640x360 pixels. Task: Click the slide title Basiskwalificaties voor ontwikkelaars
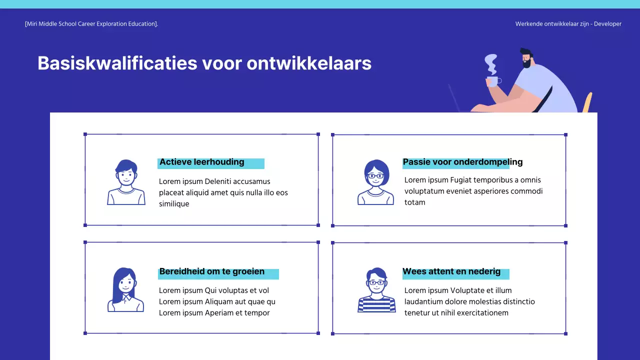click(x=204, y=63)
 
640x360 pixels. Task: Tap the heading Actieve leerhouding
click(x=201, y=162)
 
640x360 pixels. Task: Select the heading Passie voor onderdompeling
click(x=462, y=162)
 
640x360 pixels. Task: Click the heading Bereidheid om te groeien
click(x=211, y=272)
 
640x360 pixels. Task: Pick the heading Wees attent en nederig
click(x=451, y=272)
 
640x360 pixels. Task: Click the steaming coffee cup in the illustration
click(x=492, y=81)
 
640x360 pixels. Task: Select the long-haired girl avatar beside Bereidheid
click(x=125, y=290)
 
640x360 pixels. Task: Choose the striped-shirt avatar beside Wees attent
click(x=376, y=290)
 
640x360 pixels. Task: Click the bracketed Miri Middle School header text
click(x=91, y=24)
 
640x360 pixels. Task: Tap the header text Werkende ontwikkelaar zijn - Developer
click(x=568, y=24)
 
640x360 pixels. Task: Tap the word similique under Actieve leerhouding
click(x=174, y=204)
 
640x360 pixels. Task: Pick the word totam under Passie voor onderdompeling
click(x=414, y=202)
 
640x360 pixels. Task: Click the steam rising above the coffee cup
click(x=491, y=63)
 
